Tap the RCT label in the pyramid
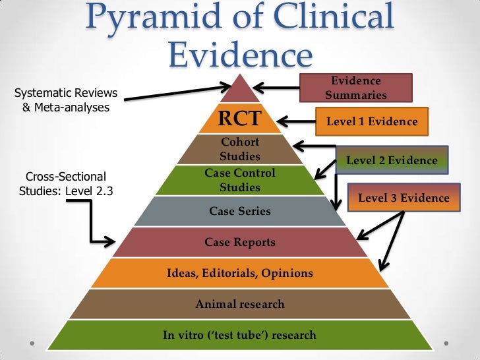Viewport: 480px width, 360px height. coord(240,119)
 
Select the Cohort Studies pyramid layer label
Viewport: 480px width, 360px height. coord(240,150)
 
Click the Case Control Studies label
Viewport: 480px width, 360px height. coord(240,180)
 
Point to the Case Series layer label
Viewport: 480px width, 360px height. coord(240,212)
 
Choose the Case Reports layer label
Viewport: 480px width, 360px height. coord(240,243)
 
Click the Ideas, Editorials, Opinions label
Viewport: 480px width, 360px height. coord(240,273)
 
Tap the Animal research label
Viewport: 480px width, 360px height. coord(240,304)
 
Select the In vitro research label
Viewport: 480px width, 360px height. coord(240,335)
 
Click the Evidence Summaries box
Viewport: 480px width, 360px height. coord(356,88)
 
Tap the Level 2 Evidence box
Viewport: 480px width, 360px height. coord(392,160)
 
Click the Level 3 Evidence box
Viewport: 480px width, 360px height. coord(404,198)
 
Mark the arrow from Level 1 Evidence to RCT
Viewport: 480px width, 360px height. coord(297,121)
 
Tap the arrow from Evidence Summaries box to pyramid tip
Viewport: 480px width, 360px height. coord(277,86)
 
